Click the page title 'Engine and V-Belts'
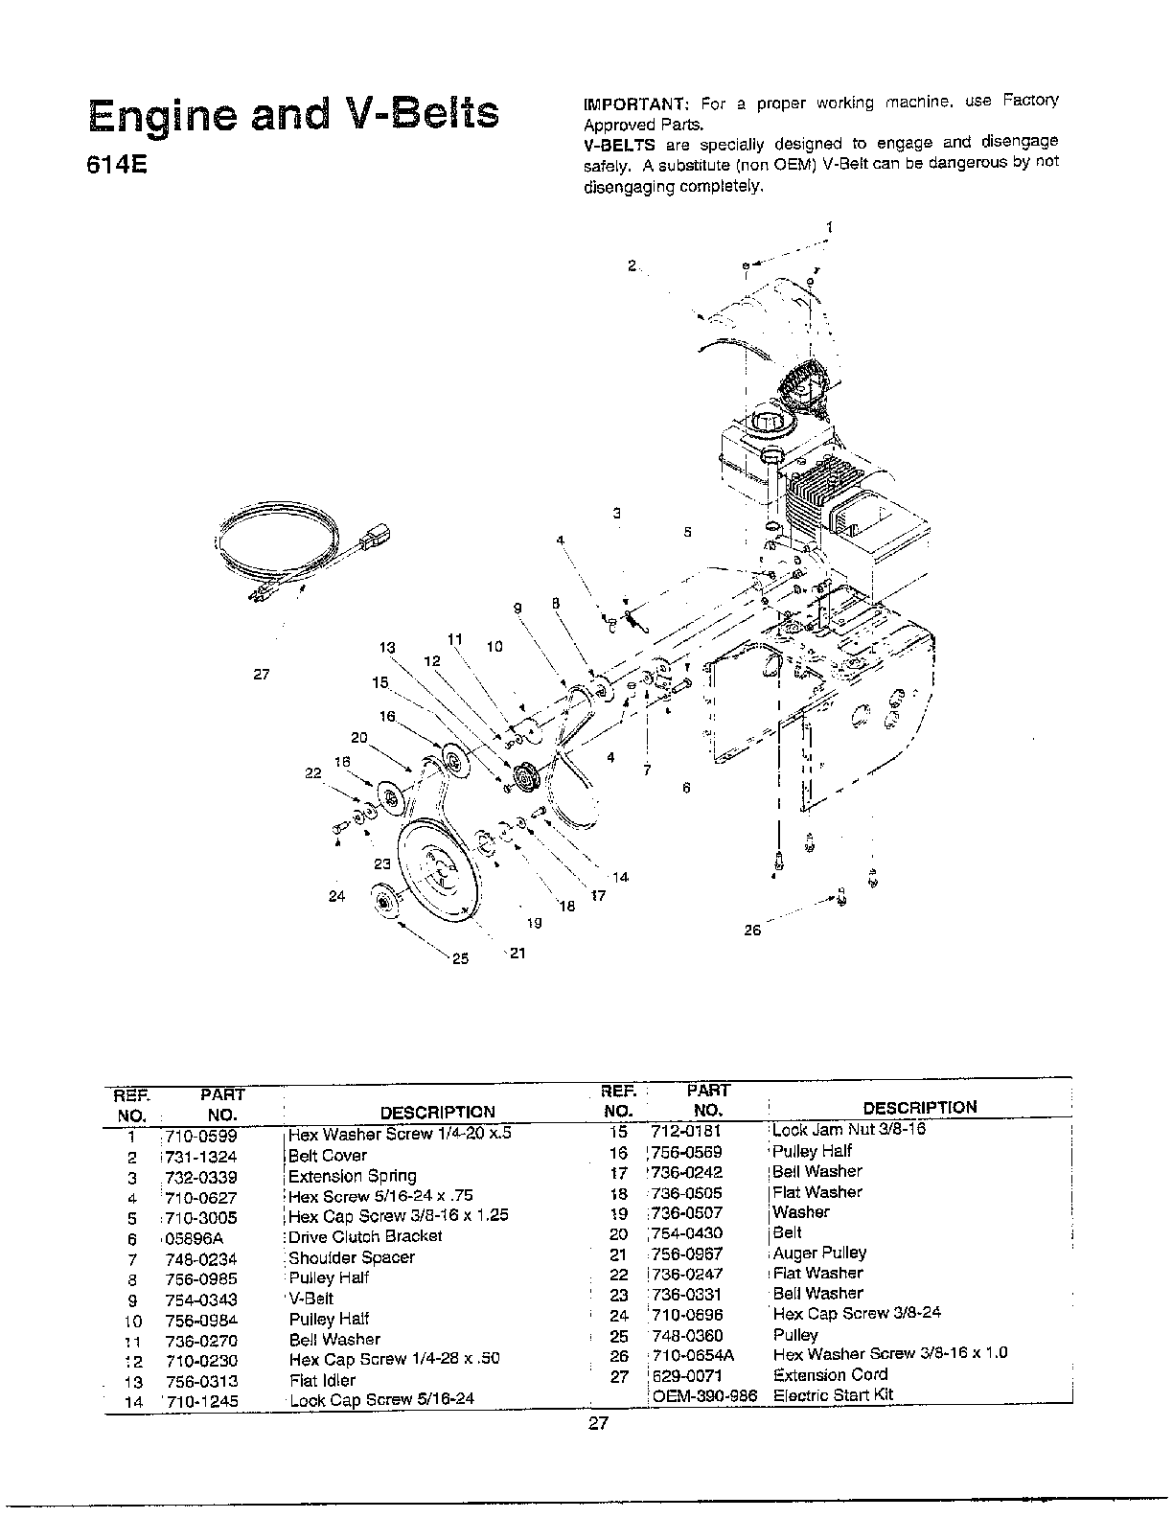coord(293,113)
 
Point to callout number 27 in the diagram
coord(262,675)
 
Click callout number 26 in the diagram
coord(752,930)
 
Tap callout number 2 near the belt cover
coord(632,265)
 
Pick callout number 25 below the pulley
coord(461,958)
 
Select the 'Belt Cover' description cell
coord(328,1156)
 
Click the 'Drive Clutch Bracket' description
coord(365,1236)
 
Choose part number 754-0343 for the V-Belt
coord(200,1299)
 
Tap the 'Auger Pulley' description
coord(819,1253)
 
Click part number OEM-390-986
coord(704,1395)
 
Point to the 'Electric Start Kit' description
coord(833,1394)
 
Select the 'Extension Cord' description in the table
coord(830,1374)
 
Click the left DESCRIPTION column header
coord(437,1113)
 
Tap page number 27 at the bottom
coord(597,1424)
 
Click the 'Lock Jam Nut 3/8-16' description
coord(848,1129)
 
